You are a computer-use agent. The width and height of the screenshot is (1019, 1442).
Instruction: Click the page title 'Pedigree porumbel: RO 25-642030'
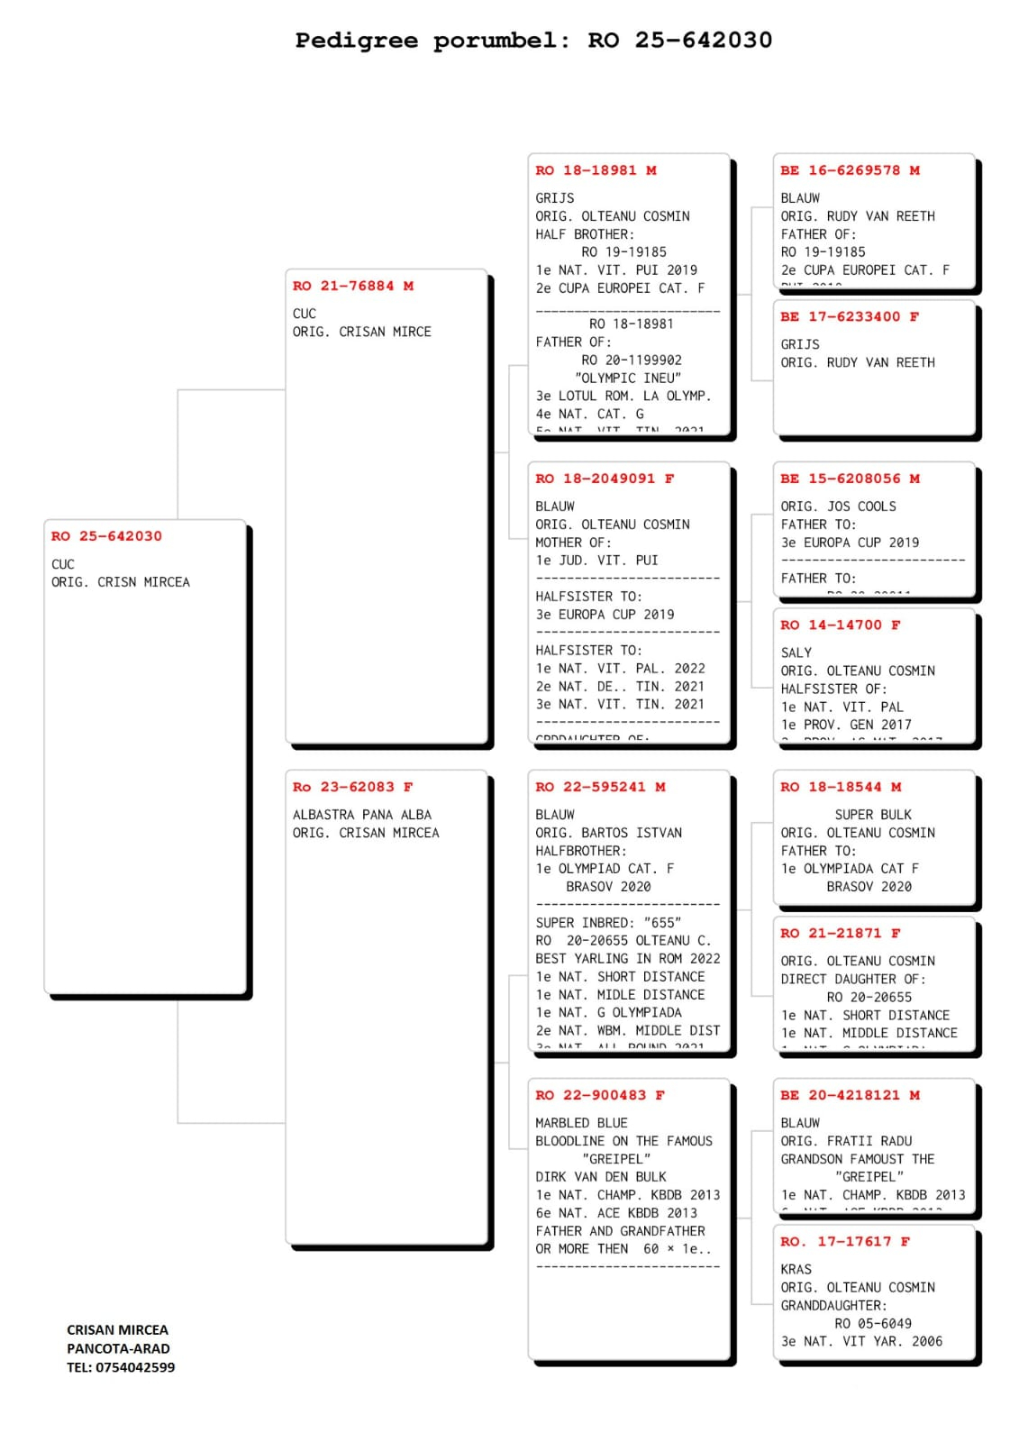pyautogui.click(x=533, y=41)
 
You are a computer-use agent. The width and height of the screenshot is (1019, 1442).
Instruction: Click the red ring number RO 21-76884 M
pyautogui.click(x=352, y=286)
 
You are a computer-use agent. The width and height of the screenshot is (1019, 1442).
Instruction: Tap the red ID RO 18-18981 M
pyautogui.click(x=596, y=170)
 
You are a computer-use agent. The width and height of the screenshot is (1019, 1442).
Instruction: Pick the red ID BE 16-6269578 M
pyautogui.click(x=850, y=170)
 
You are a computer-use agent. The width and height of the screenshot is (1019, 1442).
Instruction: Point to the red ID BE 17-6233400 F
pyautogui.click(x=850, y=316)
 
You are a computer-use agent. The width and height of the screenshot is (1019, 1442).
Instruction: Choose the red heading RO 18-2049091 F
pyautogui.click(x=605, y=479)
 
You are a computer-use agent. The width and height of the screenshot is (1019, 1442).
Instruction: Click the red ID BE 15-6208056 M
pyautogui.click(x=850, y=479)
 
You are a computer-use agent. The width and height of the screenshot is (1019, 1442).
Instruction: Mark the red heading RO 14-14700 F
pyautogui.click(x=840, y=625)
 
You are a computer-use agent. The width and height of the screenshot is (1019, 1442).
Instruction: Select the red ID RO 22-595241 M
pyautogui.click(x=600, y=787)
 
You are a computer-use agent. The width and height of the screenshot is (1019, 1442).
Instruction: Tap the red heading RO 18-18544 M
pyautogui.click(x=840, y=787)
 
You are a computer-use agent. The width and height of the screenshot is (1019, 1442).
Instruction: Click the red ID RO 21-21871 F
pyautogui.click(x=840, y=933)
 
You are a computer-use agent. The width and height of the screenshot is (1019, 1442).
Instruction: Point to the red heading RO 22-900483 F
pyautogui.click(x=600, y=1095)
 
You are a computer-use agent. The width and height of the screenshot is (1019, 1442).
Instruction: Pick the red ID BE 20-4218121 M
pyautogui.click(x=850, y=1095)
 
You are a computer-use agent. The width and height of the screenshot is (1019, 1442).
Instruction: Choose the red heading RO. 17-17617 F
pyautogui.click(x=844, y=1241)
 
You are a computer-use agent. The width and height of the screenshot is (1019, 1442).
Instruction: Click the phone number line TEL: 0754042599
pyautogui.click(x=121, y=1367)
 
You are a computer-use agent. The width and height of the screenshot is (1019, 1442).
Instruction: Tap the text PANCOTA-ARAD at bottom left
pyautogui.click(x=118, y=1348)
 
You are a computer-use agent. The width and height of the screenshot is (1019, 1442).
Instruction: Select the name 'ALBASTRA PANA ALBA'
pyautogui.click(x=361, y=815)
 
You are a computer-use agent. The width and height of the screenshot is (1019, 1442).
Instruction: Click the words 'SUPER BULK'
pyautogui.click(x=872, y=815)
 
